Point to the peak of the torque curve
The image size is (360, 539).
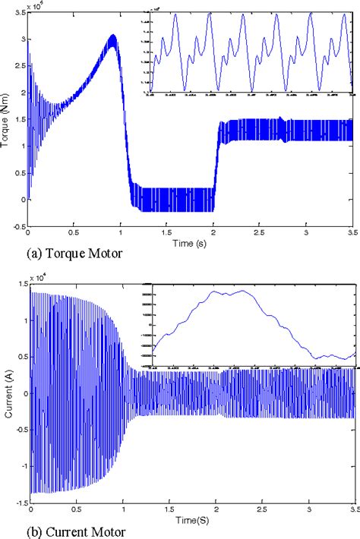tap(112, 35)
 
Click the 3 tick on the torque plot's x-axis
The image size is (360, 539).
tap(307, 232)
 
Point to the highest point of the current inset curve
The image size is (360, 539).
tap(245, 291)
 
